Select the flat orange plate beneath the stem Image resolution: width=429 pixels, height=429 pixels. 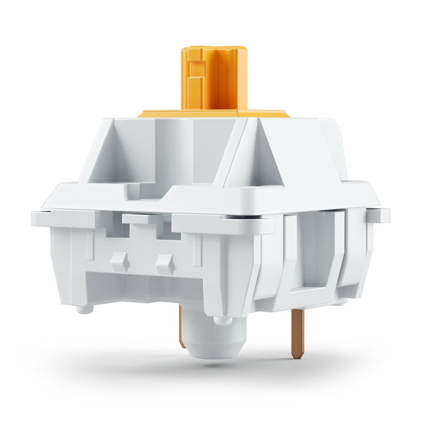click(161, 114)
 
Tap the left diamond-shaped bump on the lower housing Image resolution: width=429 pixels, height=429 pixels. click(119, 262)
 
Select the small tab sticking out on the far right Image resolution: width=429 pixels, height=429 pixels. click(381, 214)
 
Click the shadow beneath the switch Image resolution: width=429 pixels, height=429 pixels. click(214, 370)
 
